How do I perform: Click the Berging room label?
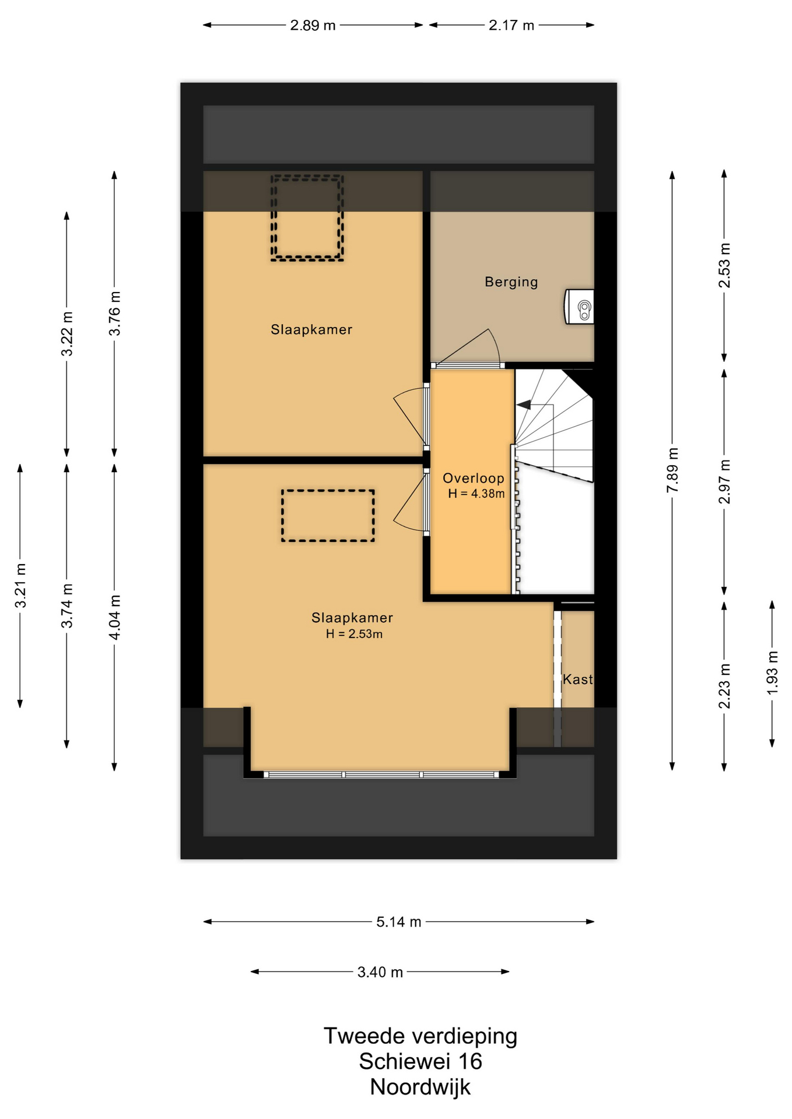click(511, 282)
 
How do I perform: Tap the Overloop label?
click(473, 478)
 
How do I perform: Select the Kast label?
click(577, 679)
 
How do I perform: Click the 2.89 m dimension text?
click(313, 26)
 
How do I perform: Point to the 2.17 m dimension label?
click(511, 26)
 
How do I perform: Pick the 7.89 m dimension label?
click(672, 470)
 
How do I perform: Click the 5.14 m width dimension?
click(398, 922)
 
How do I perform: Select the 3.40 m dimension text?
click(380, 972)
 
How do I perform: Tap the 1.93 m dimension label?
click(772, 673)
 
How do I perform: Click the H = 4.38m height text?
click(476, 494)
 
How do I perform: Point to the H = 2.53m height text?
click(354, 634)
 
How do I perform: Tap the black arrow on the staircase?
click(524, 404)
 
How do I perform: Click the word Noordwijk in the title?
click(420, 1088)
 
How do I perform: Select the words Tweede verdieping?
click(420, 1037)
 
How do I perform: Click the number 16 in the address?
click(469, 1062)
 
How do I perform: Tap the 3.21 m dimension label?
click(20, 586)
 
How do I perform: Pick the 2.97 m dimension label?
click(724, 481)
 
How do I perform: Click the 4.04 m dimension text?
click(115, 617)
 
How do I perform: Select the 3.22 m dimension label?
click(67, 334)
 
